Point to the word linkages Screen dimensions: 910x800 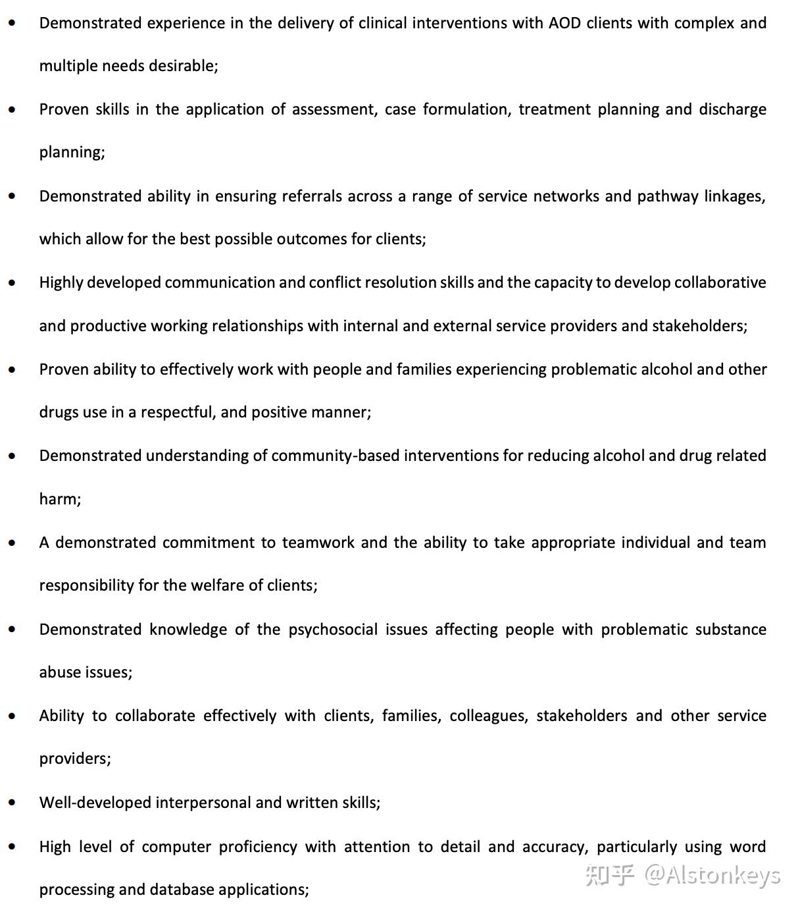[734, 196]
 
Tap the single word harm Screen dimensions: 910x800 [59, 499]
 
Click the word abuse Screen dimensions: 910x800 [59, 672]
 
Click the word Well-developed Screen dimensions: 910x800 [95, 803]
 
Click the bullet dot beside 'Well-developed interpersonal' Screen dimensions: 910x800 [12, 803]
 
